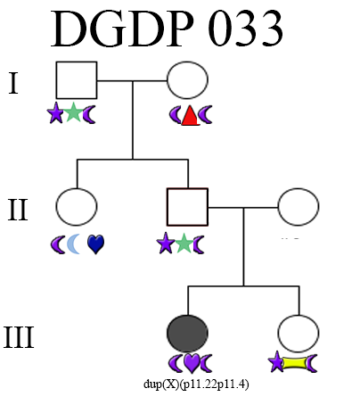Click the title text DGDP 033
(167, 29)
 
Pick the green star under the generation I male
(73, 112)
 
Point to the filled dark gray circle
(187, 334)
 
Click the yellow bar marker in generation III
(294, 363)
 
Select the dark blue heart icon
(95, 244)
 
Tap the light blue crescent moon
(74, 244)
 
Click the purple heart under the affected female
(192, 363)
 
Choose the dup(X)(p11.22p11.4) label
(196, 384)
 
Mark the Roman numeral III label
(19, 337)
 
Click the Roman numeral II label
(18, 210)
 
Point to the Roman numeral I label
(13, 83)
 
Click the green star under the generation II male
(184, 243)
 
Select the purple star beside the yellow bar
(276, 361)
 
